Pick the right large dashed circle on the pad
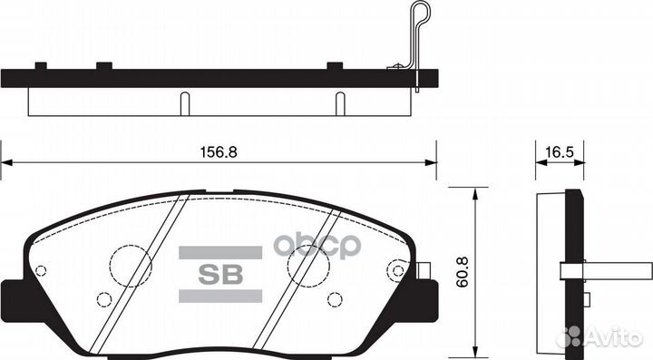pyautogui.click(x=306, y=266)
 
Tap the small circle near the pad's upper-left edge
pyautogui.click(x=41, y=269)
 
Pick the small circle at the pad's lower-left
pyautogui.click(x=103, y=299)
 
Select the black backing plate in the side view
pyautogui.click(x=572, y=272)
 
